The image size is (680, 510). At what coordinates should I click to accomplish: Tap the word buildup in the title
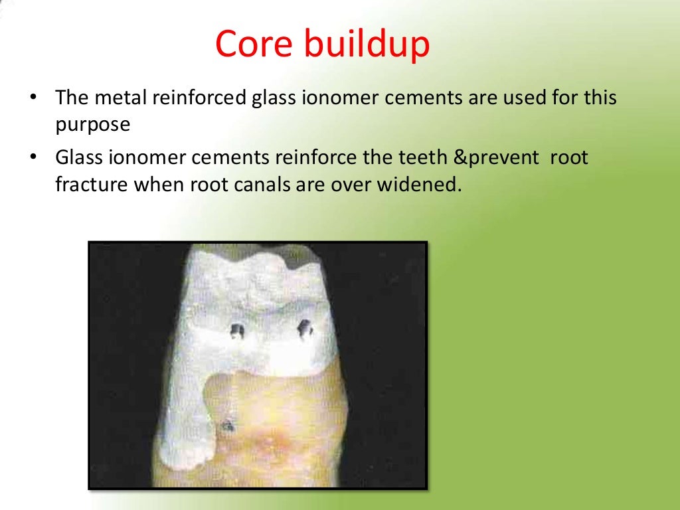point(366,45)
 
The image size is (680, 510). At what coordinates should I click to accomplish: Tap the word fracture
point(92,184)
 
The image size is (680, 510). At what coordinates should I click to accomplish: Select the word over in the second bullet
point(352,184)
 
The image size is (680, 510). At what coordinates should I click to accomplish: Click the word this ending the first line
point(600,98)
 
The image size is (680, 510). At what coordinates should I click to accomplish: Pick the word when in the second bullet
point(159,184)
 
